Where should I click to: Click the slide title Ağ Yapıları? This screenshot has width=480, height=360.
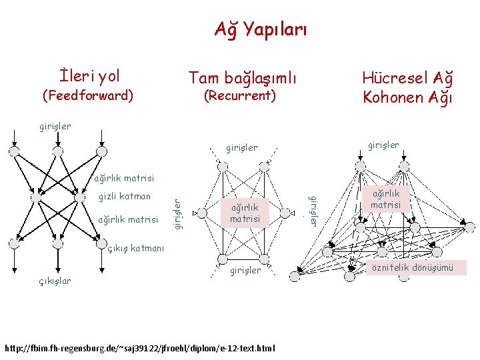[x=261, y=29]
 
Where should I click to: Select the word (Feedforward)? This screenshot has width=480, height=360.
[x=88, y=95]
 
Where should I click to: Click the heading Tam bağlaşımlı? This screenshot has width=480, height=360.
[x=242, y=77]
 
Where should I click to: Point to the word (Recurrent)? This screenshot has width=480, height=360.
[x=240, y=95]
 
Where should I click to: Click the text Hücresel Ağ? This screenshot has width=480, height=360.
[x=407, y=77]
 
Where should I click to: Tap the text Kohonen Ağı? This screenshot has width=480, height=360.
[x=407, y=97]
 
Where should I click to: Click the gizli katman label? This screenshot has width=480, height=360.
[x=125, y=197]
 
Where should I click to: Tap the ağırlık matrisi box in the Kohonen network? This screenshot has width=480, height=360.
[x=385, y=199]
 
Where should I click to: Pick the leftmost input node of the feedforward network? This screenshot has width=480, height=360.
[x=13, y=151]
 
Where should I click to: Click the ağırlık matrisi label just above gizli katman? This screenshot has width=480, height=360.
[x=123, y=178]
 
